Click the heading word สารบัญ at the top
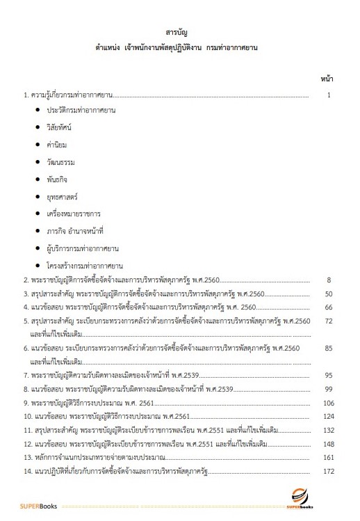click(x=179, y=33)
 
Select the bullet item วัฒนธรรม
click(x=60, y=161)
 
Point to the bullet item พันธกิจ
click(x=58, y=178)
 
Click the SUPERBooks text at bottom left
click(x=38, y=506)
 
